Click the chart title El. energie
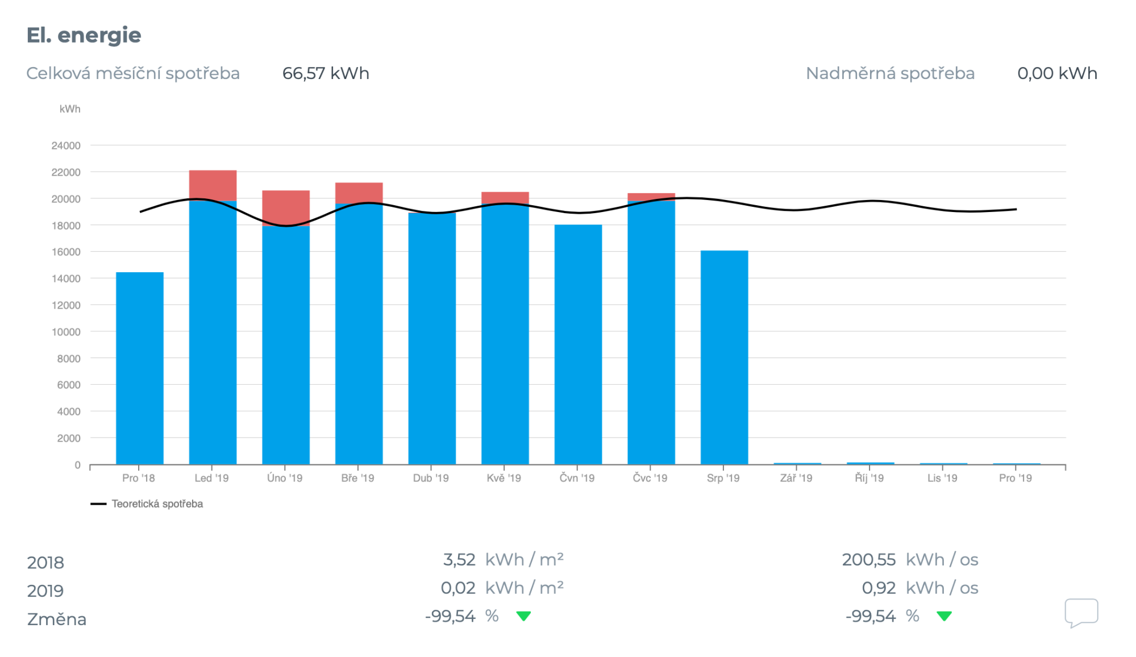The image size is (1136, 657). click(84, 35)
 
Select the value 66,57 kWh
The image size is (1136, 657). click(326, 73)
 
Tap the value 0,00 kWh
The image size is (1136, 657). click(1057, 73)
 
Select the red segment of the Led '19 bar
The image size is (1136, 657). click(213, 185)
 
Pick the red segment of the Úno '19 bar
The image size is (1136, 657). click(286, 208)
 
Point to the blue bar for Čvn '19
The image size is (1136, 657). click(578, 344)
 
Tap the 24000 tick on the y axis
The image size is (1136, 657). click(66, 145)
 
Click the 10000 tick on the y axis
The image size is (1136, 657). click(66, 332)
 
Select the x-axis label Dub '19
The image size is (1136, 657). click(431, 478)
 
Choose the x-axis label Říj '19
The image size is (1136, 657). click(869, 478)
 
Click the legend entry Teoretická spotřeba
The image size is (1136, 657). click(157, 504)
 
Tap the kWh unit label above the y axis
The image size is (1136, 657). click(70, 109)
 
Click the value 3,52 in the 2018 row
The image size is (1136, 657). click(459, 560)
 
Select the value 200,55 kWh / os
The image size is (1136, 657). click(909, 560)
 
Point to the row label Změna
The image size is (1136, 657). click(57, 619)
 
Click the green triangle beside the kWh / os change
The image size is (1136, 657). click(944, 616)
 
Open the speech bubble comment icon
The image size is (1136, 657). click(1081, 613)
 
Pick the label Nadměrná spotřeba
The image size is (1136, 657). click(890, 73)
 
